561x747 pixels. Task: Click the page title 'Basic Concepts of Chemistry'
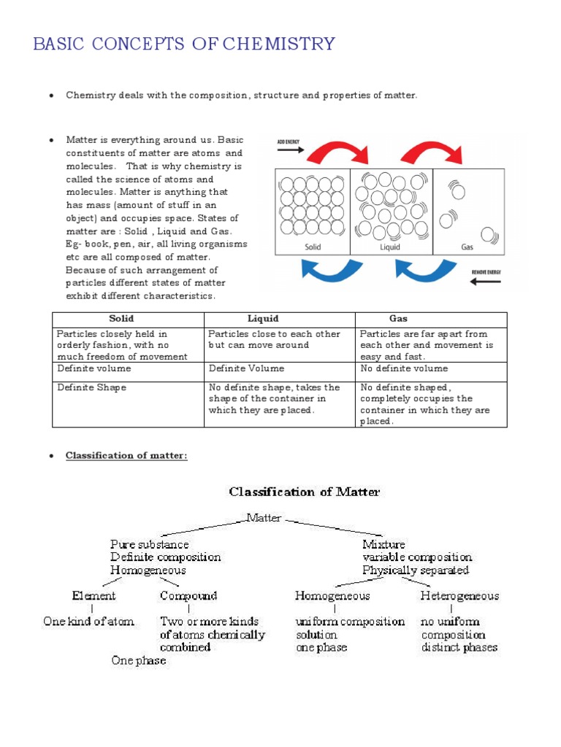pyautogui.click(x=184, y=44)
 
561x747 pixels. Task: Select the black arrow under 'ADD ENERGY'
pyautogui.click(x=290, y=150)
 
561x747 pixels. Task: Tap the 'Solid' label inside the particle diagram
pyautogui.click(x=313, y=247)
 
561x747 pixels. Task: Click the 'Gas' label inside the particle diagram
pyautogui.click(x=467, y=247)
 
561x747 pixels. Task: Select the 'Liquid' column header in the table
pyautogui.click(x=263, y=319)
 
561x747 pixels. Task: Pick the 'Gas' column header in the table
pyautogui.click(x=398, y=319)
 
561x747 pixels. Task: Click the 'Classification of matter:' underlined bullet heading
pyautogui.click(x=126, y=456)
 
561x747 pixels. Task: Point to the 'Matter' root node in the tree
pyautogui.click(x=263, y=518)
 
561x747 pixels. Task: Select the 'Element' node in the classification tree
pyautogui.click(x=93, y=596)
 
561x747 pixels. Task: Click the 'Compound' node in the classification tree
pyautogui.click(x=188, y=596)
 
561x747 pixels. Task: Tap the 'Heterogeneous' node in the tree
pyautogui.click(x=459, y=596)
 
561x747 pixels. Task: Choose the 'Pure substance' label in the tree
pyautogui.click(x=149, y=544)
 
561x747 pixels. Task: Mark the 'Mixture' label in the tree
pyautogui.click(x=383, y=544)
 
